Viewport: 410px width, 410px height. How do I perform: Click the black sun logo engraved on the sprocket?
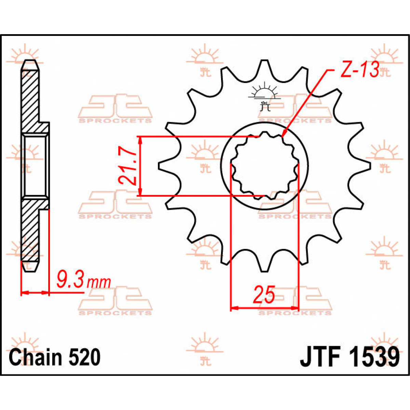[x=264, y=96]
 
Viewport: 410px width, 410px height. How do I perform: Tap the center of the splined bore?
[x=264, y=166]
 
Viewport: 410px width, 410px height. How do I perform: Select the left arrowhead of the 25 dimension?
[x=234, y=308]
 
